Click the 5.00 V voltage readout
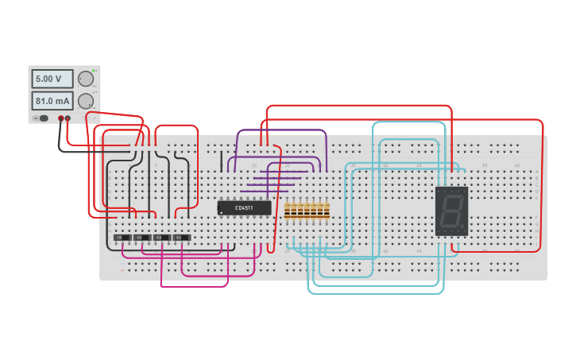click(x=52, y=79)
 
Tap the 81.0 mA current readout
click(x=52, y=101)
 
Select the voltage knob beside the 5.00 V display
click(x=85, y=79)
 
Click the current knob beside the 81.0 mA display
click(x=85, y=101)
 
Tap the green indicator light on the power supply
click(x=94, y=71)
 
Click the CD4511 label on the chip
click(x=244, y=208)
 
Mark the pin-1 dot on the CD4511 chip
click(x=221, y=213)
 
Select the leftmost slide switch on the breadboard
click(x=122, y=237)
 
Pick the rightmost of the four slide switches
click(x=182, y=237)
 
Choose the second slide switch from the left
click(x=141, y=237)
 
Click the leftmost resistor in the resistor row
click(x=288, y=210)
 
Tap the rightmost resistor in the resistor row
click(x=327, y=210)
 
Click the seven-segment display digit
click(x=450, y=211)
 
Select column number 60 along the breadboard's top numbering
click(x=517, y=165)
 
